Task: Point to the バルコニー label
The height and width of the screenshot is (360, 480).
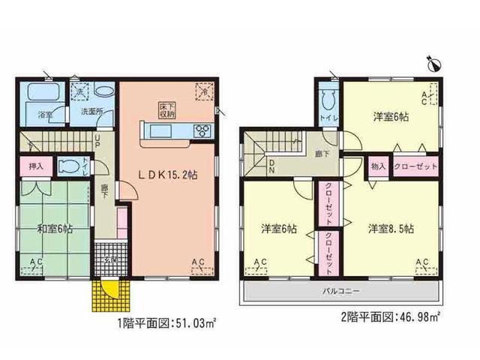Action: point(339,289)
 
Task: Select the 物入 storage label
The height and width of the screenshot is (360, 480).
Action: point(378,167)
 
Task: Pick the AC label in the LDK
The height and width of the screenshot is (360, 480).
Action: point(198,262)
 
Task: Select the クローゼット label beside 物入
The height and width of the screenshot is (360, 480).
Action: point(412,167)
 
